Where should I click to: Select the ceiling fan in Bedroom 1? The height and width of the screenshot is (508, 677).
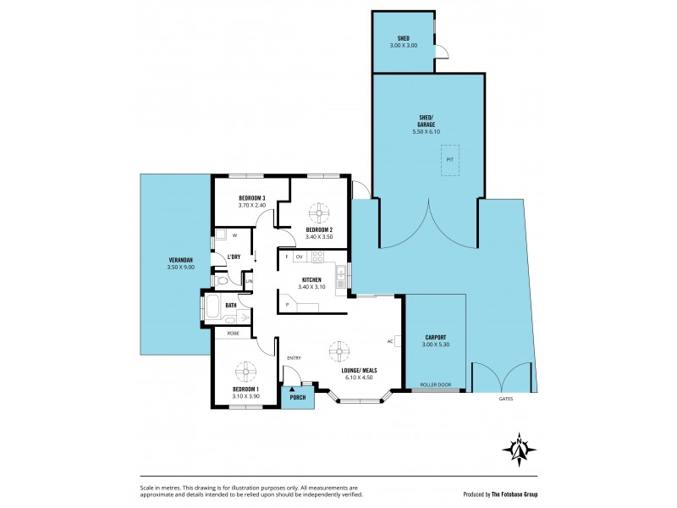click(245, 370)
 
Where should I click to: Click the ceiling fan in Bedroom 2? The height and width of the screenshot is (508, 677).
click(319, 212)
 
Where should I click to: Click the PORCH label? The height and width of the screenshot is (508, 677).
click(298, 396)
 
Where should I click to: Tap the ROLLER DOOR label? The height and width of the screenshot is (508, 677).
click(436, 385)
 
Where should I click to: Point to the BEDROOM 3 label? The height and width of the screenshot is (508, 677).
click(228, 197)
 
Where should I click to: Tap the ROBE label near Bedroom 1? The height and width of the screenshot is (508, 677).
click(232, 334)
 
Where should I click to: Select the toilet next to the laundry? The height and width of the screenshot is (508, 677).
click(221, 279)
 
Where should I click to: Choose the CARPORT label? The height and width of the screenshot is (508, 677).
click(436, 336)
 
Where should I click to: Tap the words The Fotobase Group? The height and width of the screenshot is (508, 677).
click(514, 494)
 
